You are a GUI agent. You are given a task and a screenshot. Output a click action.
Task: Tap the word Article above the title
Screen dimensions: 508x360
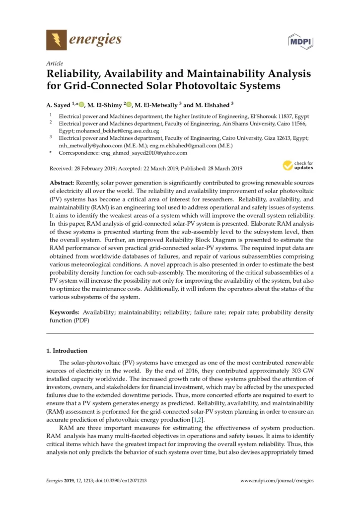coord(54,64)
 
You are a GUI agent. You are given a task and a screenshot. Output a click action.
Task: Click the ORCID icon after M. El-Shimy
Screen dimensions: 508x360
coord(129,105)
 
